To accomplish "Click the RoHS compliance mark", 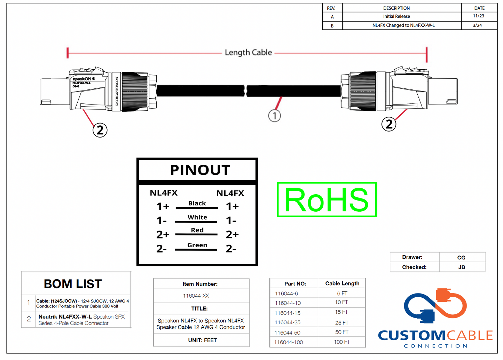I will click(x=327, y=199).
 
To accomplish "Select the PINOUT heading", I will click(x=200, y=170).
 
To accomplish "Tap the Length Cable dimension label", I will click(x=248, y=53).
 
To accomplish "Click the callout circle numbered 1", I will click(x=274, y=116).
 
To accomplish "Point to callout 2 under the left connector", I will click(x=100, y=130).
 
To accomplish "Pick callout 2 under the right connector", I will click(x=389, y=124).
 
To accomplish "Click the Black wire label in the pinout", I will click(x=197, y=203).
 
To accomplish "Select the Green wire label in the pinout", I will click(x=197, y=245).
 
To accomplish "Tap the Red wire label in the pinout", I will click(x=197, y=230).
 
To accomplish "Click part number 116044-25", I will click(x=288, y=323).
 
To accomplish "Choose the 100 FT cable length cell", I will click(x=342, y=342).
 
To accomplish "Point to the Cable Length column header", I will click(x=342, y=283).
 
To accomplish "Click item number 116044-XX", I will click(x=196, y=296).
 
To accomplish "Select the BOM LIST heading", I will click(x=73, y=284).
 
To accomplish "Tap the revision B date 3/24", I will click(x=477, y=25).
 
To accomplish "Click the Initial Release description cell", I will click(x=396, y=16).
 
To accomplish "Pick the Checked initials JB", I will click(x=462, y=267).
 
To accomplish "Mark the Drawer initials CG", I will click(x=461, y=258).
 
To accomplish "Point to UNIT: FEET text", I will click(x=202, y=341).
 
